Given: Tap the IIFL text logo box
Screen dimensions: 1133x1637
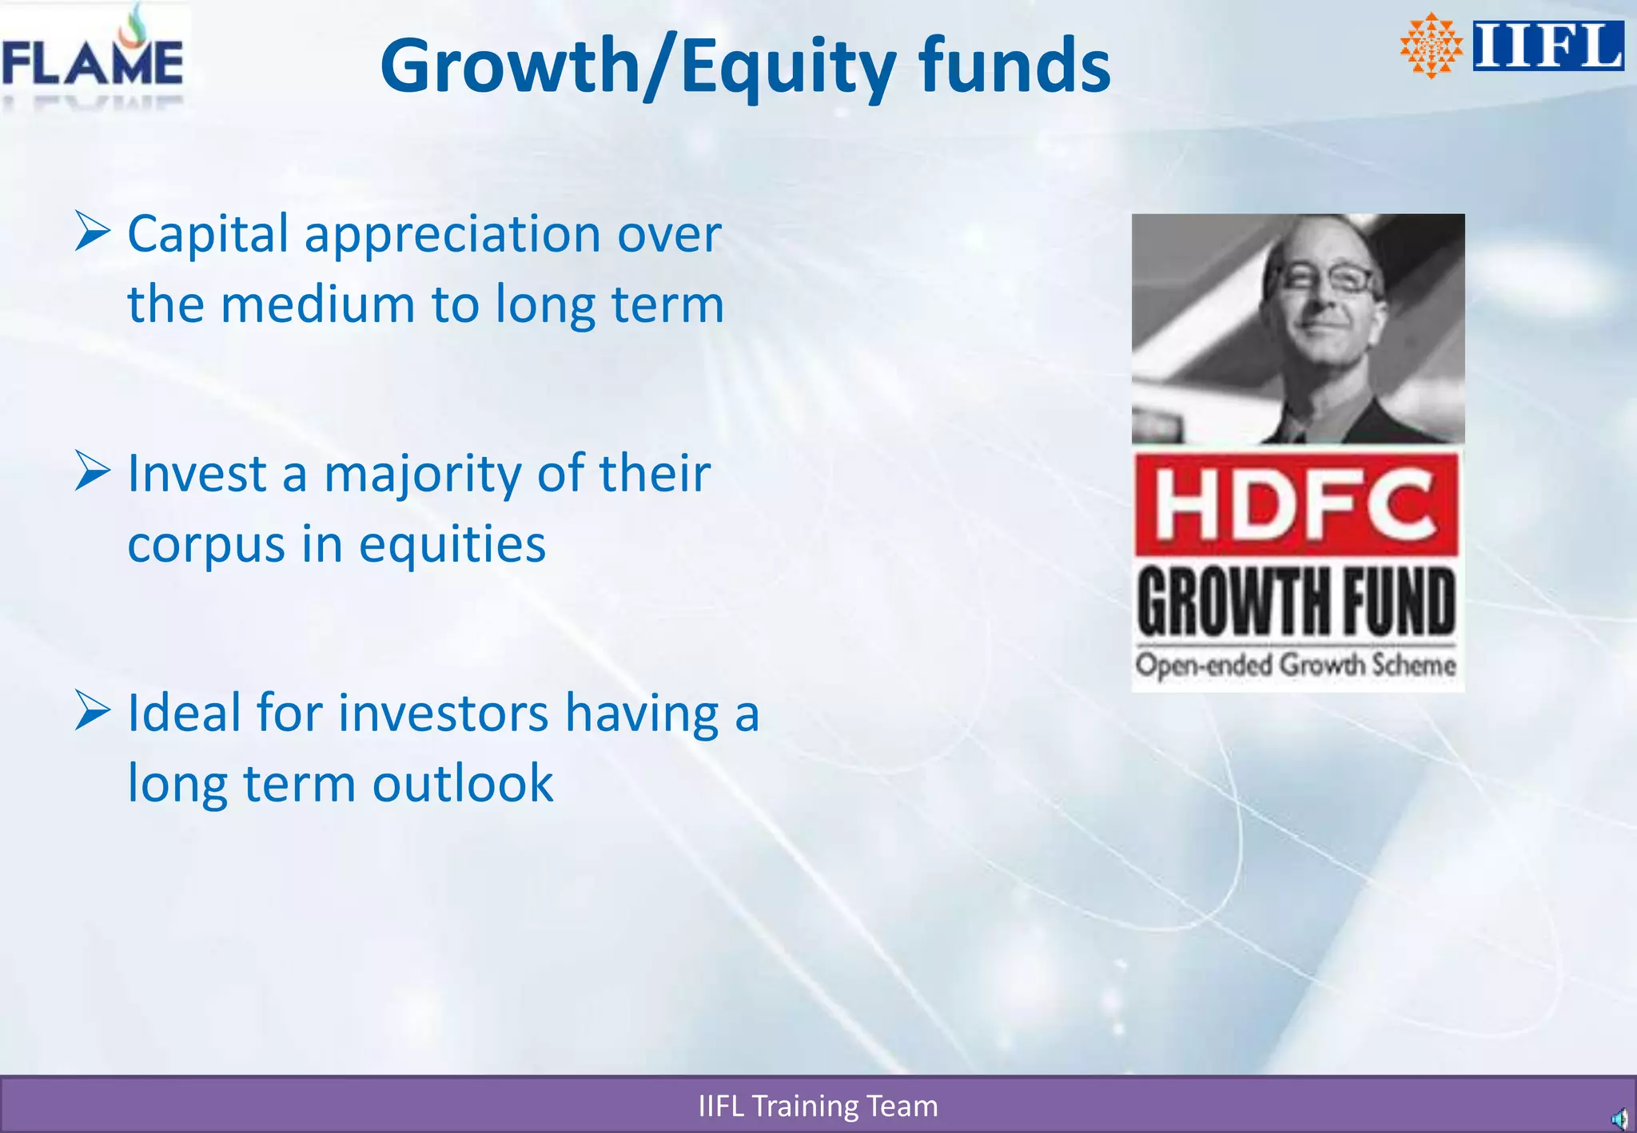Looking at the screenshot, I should (1547, 46).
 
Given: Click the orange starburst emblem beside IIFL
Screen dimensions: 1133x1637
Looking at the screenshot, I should (1431, 46).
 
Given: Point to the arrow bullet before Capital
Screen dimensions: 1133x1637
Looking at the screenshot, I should (92, 232).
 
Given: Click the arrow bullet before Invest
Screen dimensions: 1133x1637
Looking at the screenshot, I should (92, 471).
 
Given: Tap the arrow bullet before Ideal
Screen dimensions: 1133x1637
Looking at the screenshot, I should (92, 710).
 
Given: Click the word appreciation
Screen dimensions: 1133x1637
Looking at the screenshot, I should (452, 236).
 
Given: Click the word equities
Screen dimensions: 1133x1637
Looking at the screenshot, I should (452, 546).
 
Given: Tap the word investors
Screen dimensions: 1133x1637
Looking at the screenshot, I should (443, 713).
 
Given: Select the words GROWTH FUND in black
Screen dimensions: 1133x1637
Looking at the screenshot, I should (1296, 601).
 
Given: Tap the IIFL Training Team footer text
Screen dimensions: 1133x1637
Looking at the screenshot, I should (818, 1106).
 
